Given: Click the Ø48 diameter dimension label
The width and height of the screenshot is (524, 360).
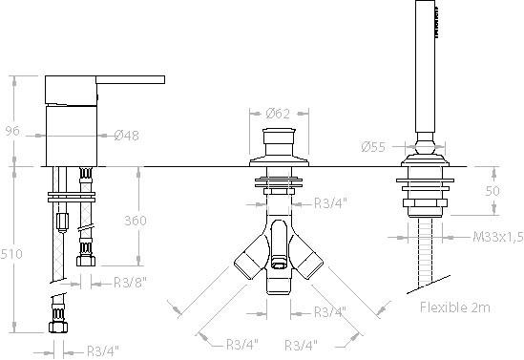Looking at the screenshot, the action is click(x=126, y=136).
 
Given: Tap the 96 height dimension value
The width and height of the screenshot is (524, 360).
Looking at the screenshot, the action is click(x=12, y=131).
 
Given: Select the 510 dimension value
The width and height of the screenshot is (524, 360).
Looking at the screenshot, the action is click(x=11, y=254).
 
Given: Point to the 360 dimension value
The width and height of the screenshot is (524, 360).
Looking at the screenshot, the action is click(x=136, y=221).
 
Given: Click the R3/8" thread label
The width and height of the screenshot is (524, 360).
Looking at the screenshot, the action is click(x=130, y=283).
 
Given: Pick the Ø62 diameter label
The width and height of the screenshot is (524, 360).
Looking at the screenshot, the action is click(x=278, y=114).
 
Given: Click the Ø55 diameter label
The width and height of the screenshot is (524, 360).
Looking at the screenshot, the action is click(x=373, y=147).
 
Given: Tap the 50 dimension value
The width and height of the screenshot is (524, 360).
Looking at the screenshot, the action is click(x=493, y=191).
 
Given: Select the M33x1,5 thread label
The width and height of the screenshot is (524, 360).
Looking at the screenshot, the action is click(x=498, y=237).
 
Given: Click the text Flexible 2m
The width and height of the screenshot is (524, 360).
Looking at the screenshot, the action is click(x=455, y=307).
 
